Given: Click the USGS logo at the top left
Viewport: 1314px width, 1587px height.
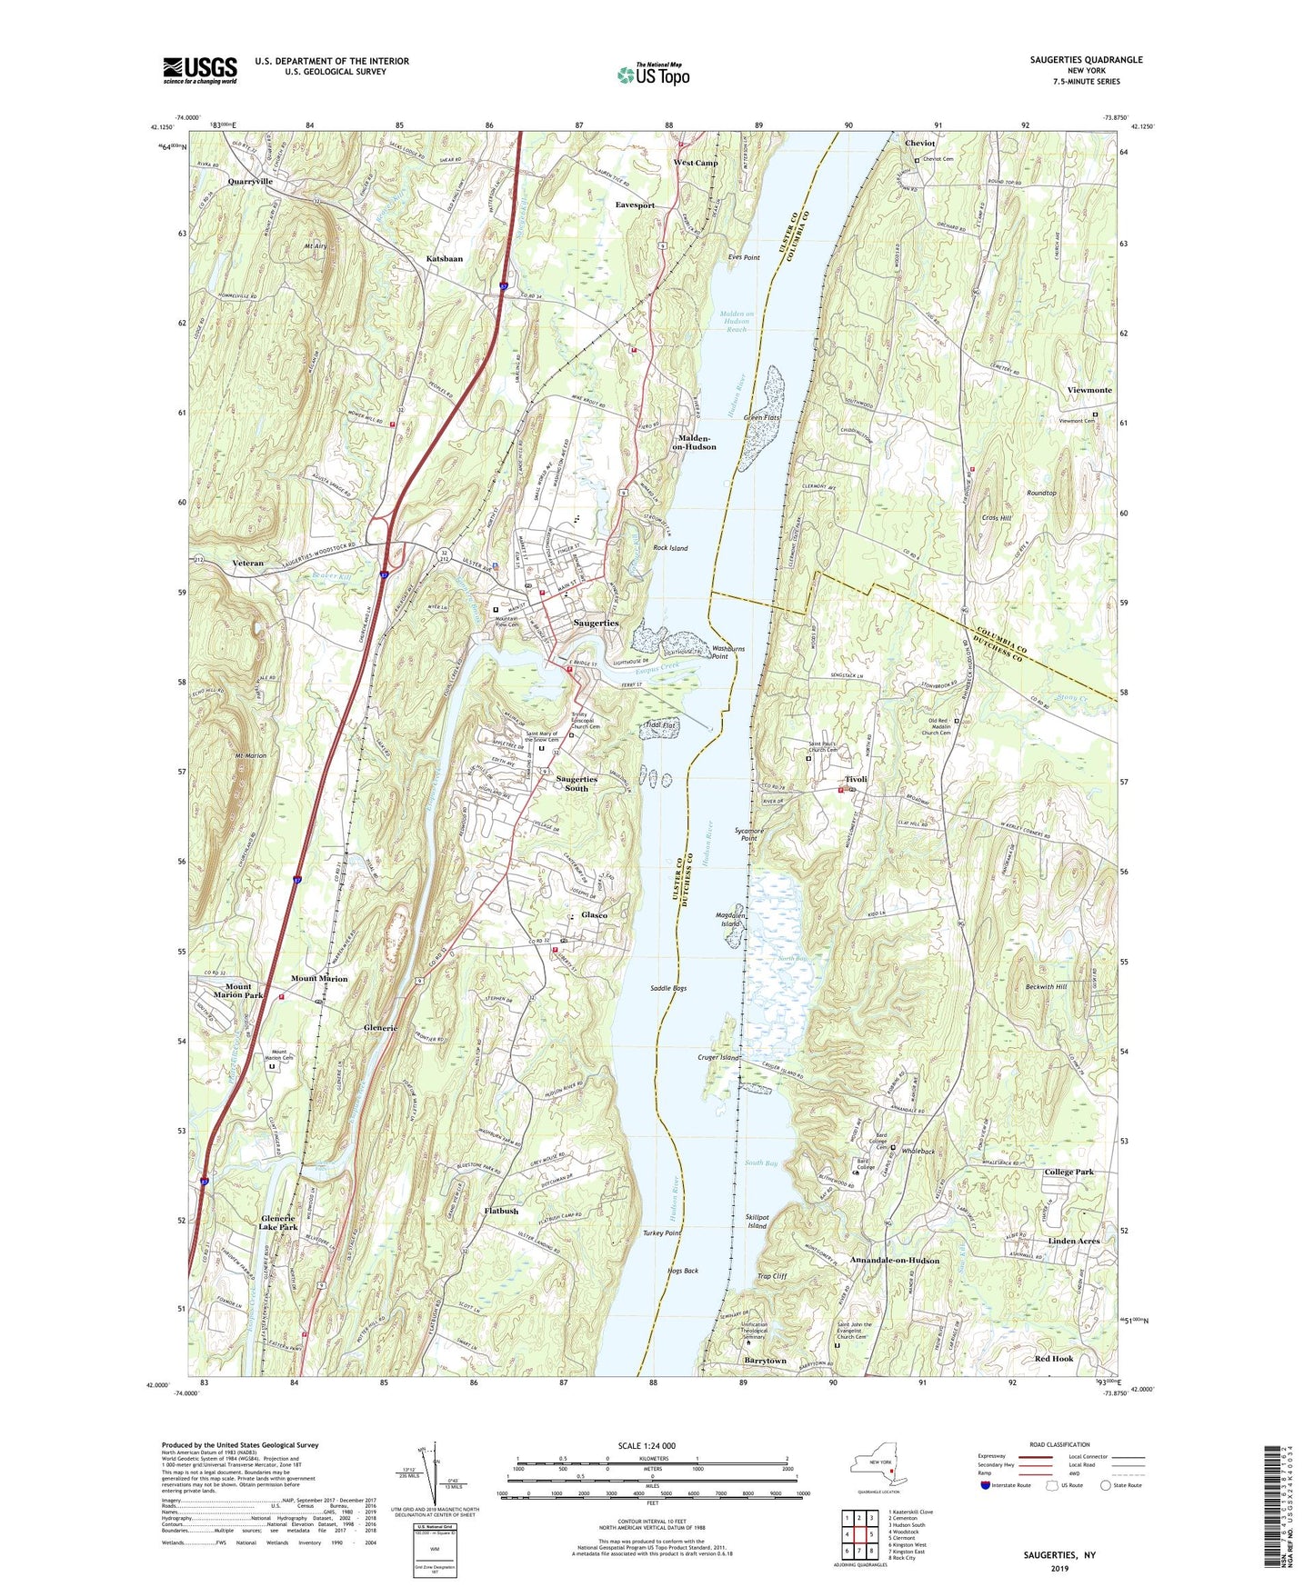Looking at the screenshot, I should [200, 70].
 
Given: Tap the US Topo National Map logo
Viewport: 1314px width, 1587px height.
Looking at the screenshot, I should [652, 74].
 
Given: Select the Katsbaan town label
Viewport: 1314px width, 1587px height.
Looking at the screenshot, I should [445, 259].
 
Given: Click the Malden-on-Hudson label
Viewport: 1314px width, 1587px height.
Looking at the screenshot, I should [694, 442].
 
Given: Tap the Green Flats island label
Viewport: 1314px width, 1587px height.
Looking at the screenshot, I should [762, 417].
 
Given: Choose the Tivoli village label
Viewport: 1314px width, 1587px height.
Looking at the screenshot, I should [856, 779].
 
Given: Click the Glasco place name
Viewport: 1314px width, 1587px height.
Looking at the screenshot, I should [594, 914].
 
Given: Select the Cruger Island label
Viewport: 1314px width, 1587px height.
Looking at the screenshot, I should [718, 1058].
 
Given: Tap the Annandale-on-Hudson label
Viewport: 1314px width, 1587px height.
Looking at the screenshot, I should [895, 1261].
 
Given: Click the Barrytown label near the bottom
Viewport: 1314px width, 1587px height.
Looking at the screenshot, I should [765, 1361].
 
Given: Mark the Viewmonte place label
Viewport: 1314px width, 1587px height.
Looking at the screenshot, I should [1089, 390].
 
